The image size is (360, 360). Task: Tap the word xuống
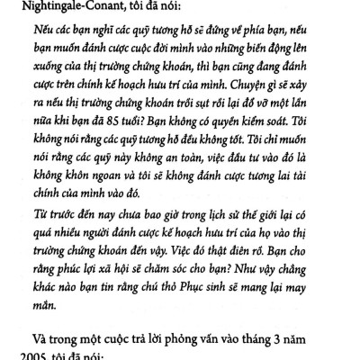43,75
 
